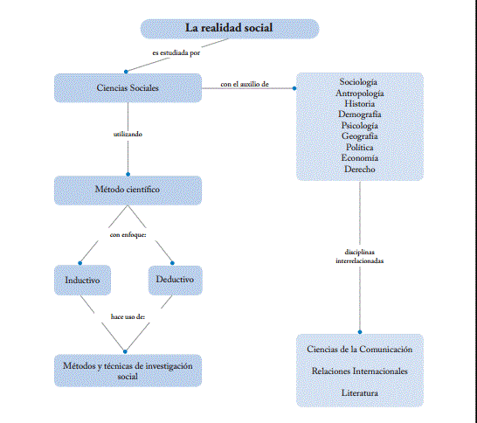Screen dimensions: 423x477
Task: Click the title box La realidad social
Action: click(229, 28)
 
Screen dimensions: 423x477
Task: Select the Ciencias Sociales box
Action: click(128, 87)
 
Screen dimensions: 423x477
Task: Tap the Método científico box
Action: click(128, 189)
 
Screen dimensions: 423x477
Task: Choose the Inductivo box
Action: click(82, 280)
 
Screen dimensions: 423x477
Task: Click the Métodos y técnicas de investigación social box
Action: click(128, 370)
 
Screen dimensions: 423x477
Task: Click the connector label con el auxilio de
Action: click(244, 85)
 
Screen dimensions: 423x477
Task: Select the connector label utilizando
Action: click(128, 135)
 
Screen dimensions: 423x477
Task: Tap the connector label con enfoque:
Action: click(127, 234)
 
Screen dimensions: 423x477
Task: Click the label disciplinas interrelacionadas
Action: click(359, 256)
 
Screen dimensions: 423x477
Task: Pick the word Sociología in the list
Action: click(360, 81)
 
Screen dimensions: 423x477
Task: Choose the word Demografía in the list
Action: click(360, 114)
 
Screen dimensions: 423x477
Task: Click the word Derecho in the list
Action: click(360, 168)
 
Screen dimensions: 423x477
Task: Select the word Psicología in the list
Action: click(360, 125)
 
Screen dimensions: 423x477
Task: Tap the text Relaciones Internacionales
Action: click(360, 371)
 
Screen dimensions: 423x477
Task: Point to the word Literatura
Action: click(360, 393)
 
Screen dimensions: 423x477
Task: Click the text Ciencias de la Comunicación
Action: click(360, 349)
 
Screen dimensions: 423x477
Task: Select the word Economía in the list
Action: click(360, 157)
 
